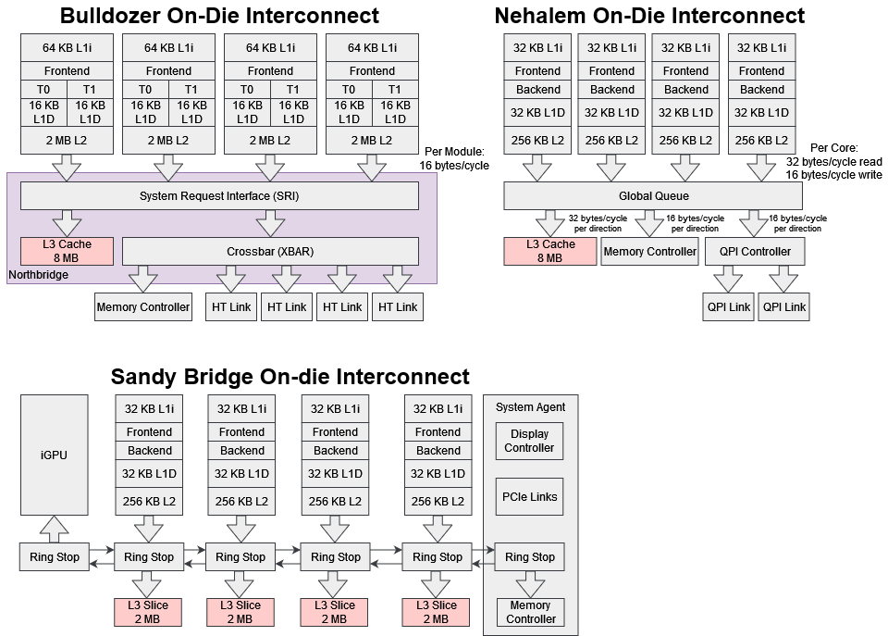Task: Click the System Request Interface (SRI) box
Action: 219,196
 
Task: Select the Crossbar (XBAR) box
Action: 270,251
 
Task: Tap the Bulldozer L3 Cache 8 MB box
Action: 67,251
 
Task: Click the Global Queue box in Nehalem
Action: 653,196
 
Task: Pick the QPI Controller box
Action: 754,251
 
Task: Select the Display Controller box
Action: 529,441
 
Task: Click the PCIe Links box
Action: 529,496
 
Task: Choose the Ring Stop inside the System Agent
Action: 529,557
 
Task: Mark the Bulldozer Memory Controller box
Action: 143,306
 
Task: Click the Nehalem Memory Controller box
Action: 649,251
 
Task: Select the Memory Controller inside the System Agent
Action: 530,612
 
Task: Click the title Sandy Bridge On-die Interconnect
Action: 290,377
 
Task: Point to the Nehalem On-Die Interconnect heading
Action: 649,16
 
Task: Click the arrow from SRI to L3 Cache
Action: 67,223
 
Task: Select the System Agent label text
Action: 530,407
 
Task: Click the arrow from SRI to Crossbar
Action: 270,223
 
